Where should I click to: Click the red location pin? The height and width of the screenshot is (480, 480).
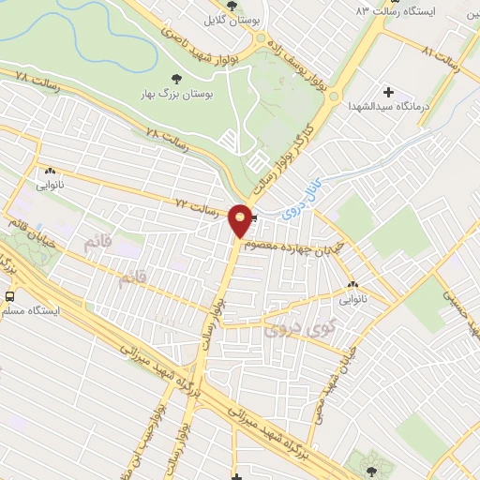click(241, 220)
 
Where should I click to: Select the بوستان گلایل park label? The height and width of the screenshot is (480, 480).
click(233, 18)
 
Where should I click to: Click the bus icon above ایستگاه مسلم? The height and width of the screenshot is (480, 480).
click(9, 296)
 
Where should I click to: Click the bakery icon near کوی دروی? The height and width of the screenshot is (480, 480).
click(352, 286)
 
